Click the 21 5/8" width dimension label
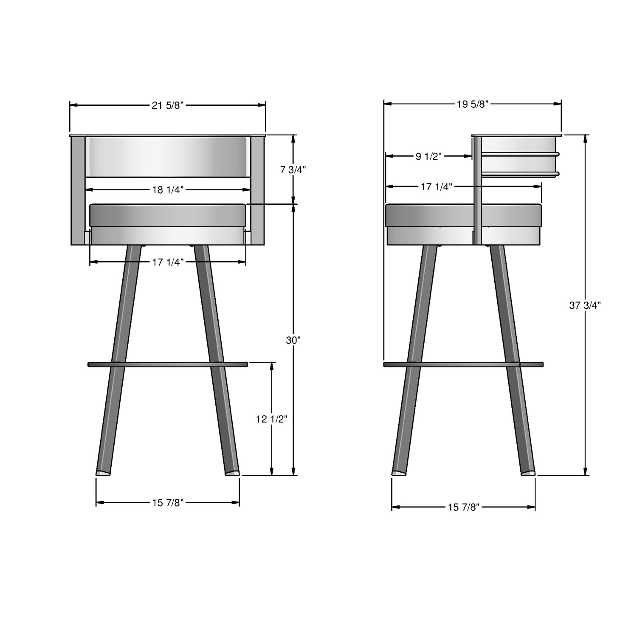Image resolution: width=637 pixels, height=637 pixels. (x=167, y=105)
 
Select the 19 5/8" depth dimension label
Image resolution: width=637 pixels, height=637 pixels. (x=473, y=104)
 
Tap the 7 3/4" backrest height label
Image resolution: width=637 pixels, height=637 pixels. (x=293, y=169)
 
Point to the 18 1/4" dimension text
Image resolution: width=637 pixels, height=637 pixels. (x=167, y=190)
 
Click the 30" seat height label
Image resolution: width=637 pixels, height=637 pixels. (x=293, y=340)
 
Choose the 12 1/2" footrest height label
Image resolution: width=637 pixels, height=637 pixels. (x=271, y=419)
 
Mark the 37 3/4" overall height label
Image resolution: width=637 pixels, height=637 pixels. (x=585, y=305)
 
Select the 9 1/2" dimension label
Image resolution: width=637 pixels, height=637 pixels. (x=429, y=157)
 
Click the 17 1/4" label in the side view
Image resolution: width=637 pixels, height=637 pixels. (x=437, y=186)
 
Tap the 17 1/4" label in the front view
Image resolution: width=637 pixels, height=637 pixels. (x=167, y=262)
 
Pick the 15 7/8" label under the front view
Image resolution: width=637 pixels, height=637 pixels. (x=167, y=503)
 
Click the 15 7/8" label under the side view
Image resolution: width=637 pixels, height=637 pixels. (x=463, y=507)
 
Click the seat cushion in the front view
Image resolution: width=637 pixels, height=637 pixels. (x=168, y=215)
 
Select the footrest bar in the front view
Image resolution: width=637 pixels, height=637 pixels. (x=167, y=364)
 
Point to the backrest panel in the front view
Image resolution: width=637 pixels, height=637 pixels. (x=168, y=156)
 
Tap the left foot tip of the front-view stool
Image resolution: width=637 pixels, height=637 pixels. (x=103, y=473)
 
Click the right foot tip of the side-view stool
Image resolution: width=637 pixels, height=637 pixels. (x=528, y=473)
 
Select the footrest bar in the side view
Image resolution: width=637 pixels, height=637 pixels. (x=463, y=364)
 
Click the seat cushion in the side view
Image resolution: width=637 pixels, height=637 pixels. (x=429, y=215)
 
